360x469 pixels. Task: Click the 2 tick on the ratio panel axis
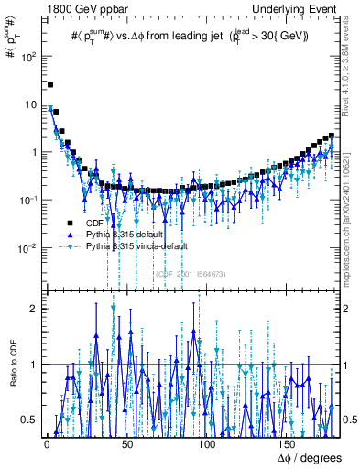tap(34, 309)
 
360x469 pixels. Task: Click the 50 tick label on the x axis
tap(126, 443)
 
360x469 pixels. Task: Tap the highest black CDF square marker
tap(50, 84)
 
